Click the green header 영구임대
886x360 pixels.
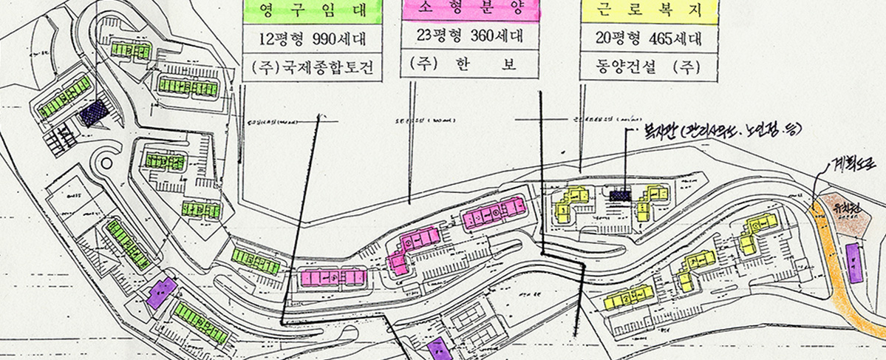tap(313, 10)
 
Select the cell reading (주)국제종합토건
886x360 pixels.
tap(313, 69)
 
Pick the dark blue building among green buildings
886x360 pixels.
tap(95, 113)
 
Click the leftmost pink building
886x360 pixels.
tap(333, 278)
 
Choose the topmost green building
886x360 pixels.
tap(131, 50)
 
